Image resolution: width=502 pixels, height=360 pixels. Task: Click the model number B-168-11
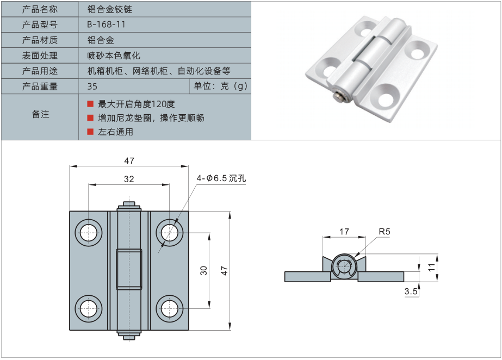tap(106, 24)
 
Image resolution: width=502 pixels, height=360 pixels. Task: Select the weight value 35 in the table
tap(92, 86)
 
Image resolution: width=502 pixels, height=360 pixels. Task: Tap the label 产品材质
tap(40, 40)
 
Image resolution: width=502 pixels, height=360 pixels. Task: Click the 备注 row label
tap(40, 114)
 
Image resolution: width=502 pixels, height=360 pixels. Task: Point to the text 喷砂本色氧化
tap(114, 55)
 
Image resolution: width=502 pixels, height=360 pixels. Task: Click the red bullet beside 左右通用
tap(90, 132)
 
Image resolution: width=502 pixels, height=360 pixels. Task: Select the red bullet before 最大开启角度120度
tap(90, 103)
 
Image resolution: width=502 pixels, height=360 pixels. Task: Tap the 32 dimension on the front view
tap(129, 178)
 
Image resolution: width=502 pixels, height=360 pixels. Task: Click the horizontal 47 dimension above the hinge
tap(129, 160)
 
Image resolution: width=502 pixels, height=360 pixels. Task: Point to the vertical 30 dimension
tap(203, 270)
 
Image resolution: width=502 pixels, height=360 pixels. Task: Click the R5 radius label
tap(385, 232)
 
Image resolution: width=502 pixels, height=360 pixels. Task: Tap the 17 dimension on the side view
tap(344, 232)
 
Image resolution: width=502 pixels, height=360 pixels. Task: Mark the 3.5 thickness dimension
tap(411, 292)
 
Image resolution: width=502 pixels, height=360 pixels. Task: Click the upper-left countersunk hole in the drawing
tap(89, 233)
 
